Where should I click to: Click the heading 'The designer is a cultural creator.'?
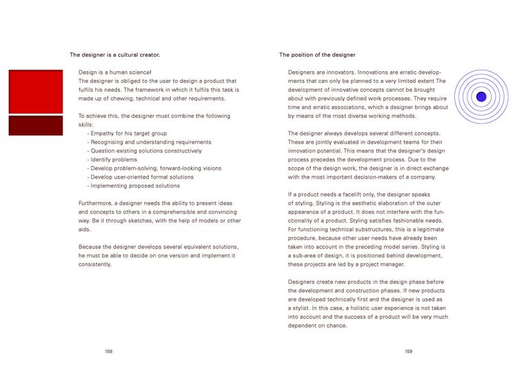pos(115,54)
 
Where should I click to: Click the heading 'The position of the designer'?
pos(317,54)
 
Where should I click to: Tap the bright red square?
pos(35,91)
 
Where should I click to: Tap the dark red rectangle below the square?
pos(35,125)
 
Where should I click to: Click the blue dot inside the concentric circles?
pos(481,97)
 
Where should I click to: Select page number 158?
pos(109,351)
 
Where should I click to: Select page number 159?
pos(409,351)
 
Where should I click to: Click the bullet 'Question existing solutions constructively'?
pos(146,150)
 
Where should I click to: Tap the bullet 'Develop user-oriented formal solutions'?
pos(142,177)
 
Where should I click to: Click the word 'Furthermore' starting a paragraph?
pos(96,203)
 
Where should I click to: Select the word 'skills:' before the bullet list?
pos(87,124)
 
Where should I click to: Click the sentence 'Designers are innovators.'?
pos(323,72)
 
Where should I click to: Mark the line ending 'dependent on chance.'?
pos(317,326)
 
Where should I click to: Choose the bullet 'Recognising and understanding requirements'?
pos(150,141)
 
